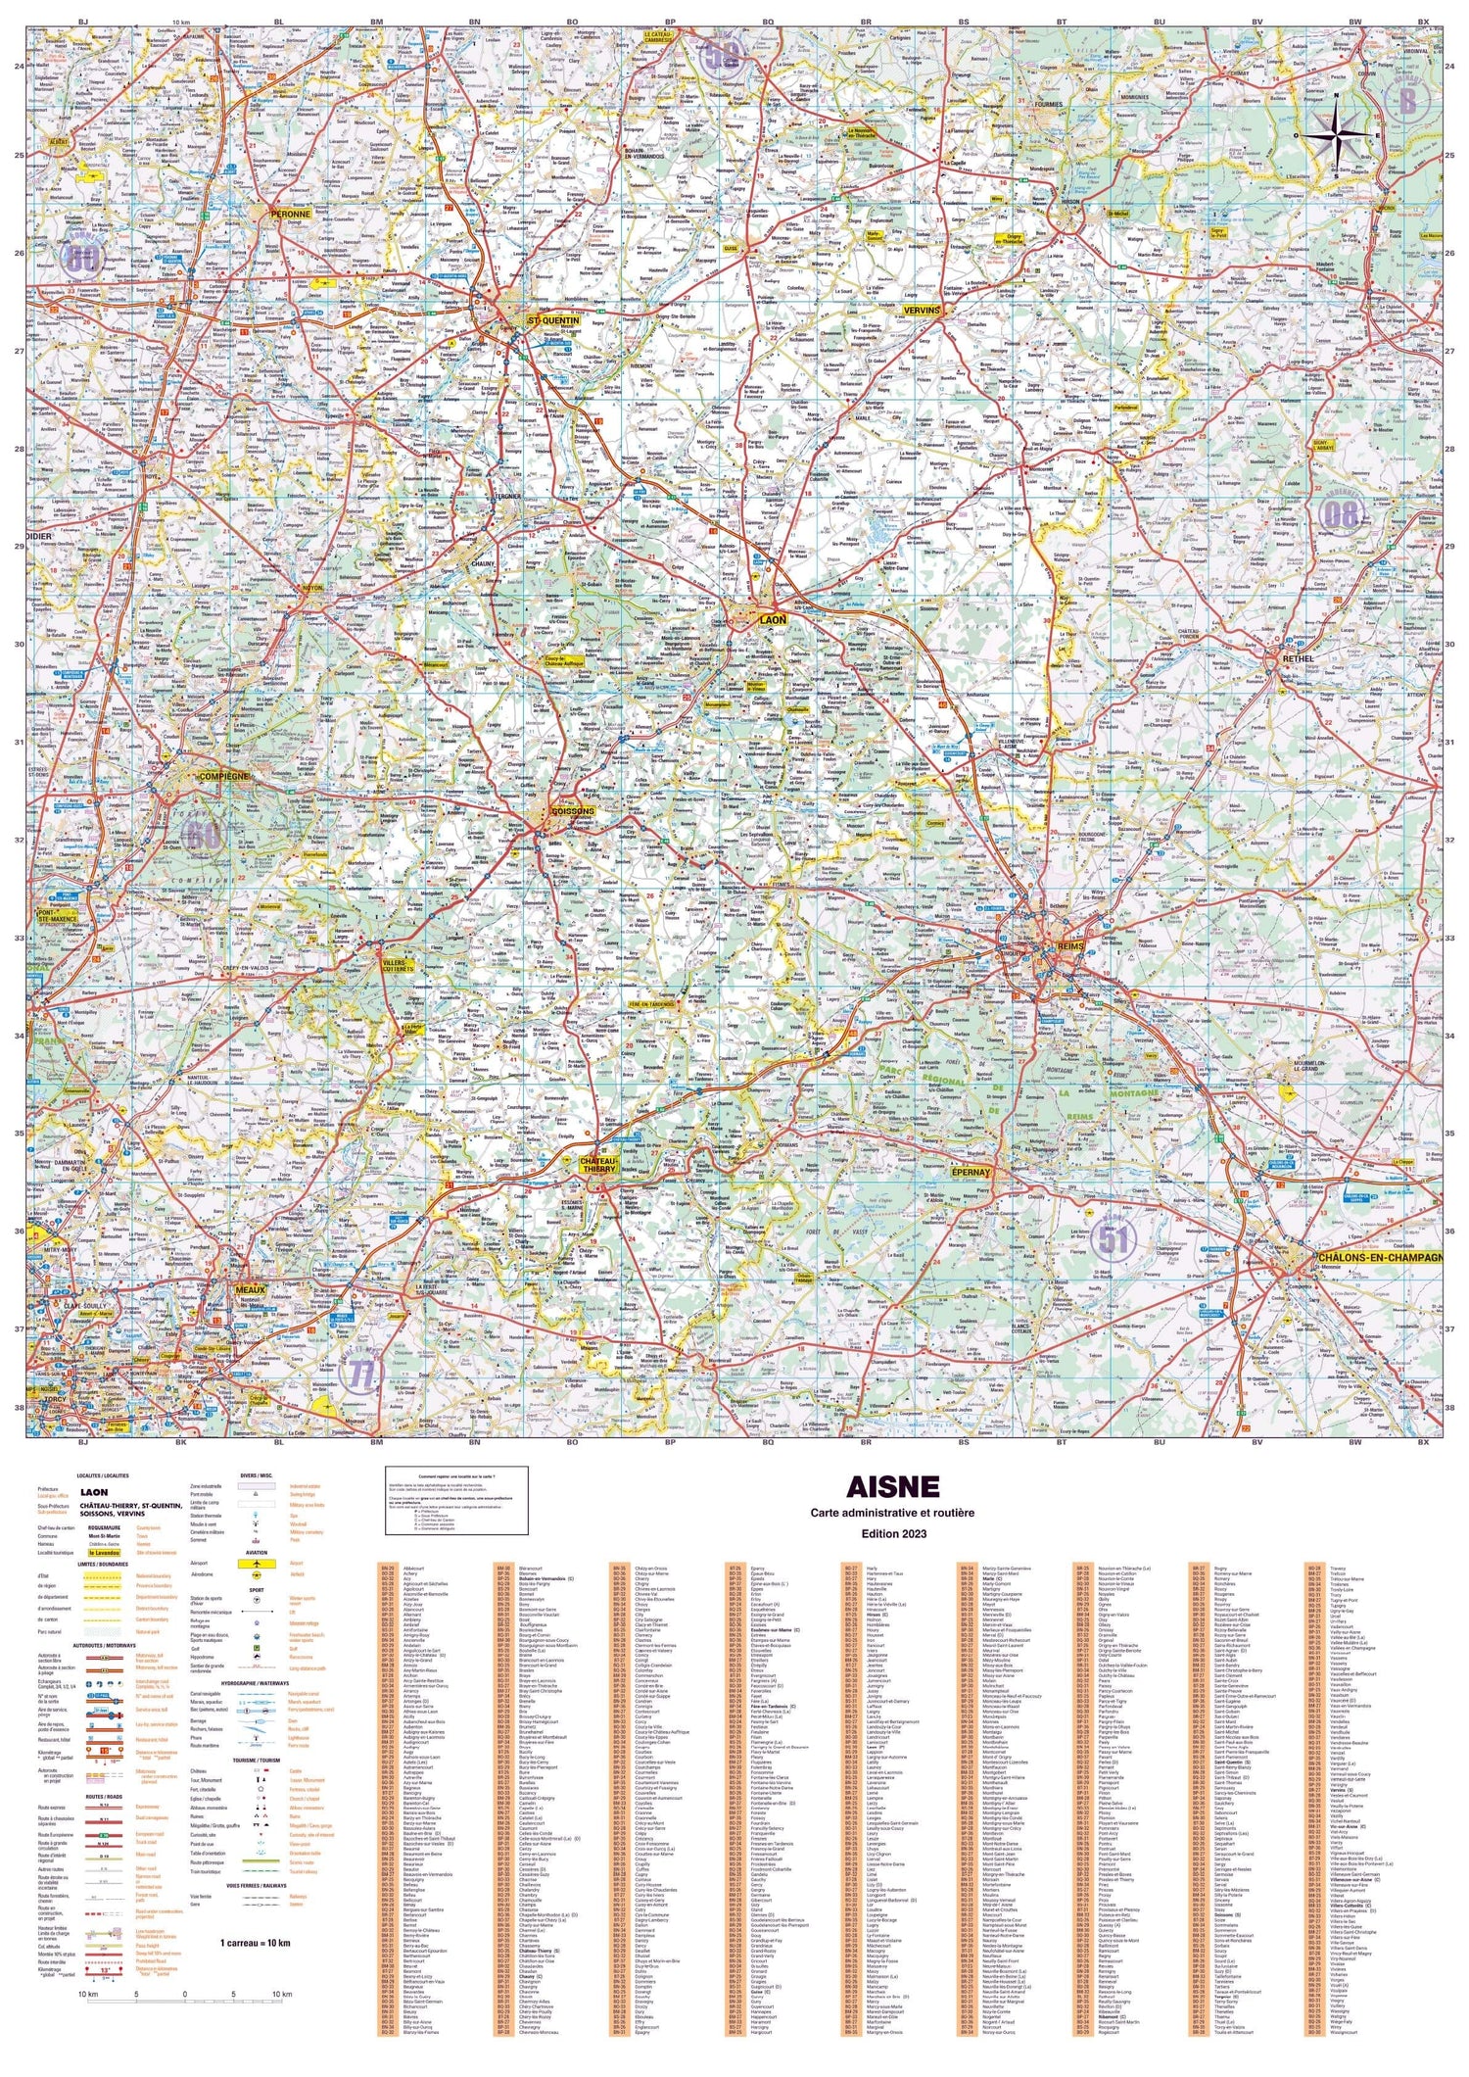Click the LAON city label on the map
click(x=774, y=620)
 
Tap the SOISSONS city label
click(x=574, y=811)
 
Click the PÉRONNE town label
click(x=291, y=214)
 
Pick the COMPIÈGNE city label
click(x=224, y=776)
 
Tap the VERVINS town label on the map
click(x=922, y=311)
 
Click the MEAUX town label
click(x=251, y=1290)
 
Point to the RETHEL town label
click(x=1300, y=658)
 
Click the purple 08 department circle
click(x=1340, y=513)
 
